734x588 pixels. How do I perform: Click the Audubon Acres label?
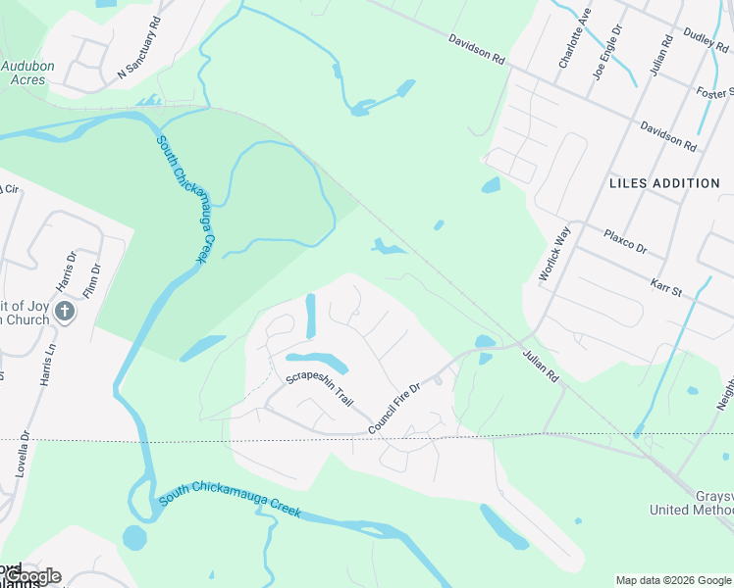pyautogui.click(x=27, y=73)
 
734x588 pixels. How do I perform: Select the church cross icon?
pyautogui.click(x=65, y=312)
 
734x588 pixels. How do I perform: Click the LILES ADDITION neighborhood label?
pyautogui.click(x=664, y=183)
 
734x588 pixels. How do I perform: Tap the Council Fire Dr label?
pyautogui.click(x=393, y=409)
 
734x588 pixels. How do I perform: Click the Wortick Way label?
pyautogui.click(x=554, y=255)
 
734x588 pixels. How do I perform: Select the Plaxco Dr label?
pyautogui.click(x=626, y=241)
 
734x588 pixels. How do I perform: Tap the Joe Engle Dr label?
pyautogui.click(x=607, y=53)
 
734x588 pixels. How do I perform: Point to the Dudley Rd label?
pyautogui.click(x=705, y=41)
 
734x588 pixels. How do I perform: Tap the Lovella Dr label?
pyautogui.click(x=21, y=451)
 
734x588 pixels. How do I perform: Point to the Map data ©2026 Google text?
pyautogui.click(x=673, y=580)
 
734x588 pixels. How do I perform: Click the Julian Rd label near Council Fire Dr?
pyautogui.click(x=540, y=367)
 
